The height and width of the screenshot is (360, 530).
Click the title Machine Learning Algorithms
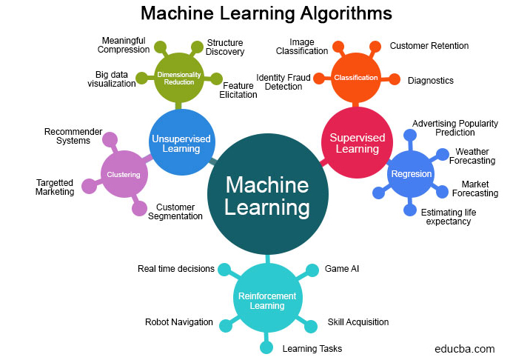click(x=266, y=13)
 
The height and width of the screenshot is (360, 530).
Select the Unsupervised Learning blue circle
click(x=181, y=142)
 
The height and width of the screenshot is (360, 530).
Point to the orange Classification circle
click(x=355, y=78)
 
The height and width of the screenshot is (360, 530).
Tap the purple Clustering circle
click(x=124, y=175)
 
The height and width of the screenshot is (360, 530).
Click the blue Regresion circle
click(x=410, y=173)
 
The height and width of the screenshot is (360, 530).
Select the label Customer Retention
click(x=429, y=46)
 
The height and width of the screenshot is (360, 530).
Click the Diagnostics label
click(x=431, y=80)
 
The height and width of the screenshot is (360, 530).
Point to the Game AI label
click(x=341, y=269)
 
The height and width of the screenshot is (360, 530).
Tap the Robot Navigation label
click(x=179, y=322)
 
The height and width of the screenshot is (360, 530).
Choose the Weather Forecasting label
click(x=472, y=156)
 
